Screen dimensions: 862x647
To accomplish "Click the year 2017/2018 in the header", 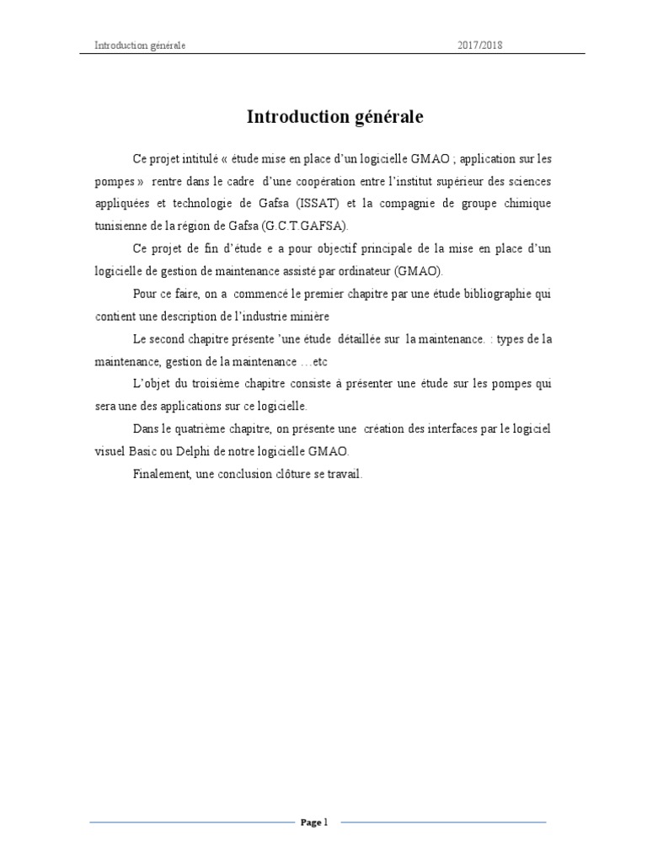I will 479,45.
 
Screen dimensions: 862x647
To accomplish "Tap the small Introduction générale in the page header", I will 140,45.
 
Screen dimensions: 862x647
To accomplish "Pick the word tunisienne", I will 122,226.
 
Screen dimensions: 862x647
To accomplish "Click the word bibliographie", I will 493,294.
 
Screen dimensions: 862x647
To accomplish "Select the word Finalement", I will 161,474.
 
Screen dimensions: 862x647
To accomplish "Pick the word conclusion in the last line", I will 253,474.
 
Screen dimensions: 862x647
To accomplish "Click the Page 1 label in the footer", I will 313,822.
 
